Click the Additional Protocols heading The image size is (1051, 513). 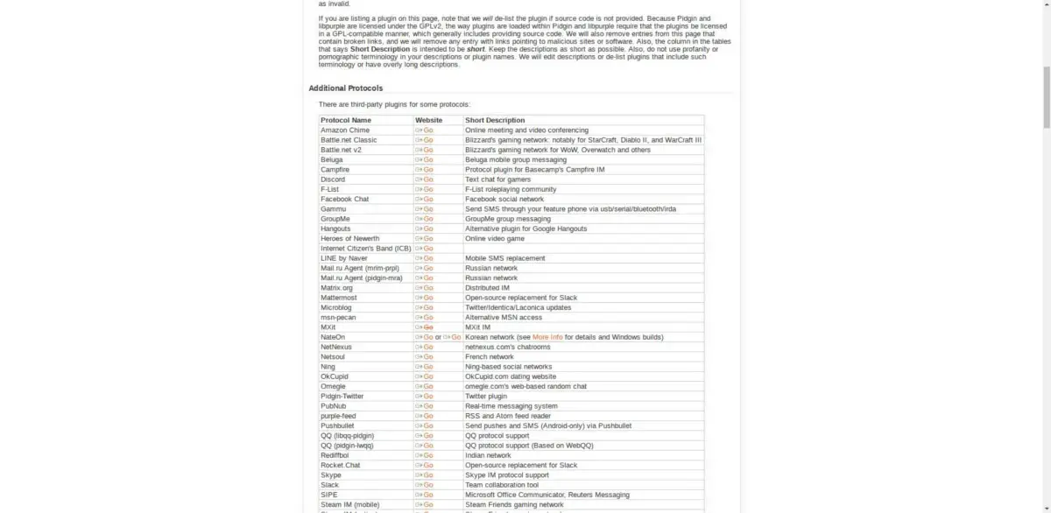(x=345, y=88)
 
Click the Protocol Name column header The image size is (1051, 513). (x=346, y=120)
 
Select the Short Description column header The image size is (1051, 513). (x=495, y=120)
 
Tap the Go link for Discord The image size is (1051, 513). (x=427, y=179)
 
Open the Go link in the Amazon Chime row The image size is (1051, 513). (x=427, y=130)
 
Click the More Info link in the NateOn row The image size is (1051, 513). (x=547, y=337)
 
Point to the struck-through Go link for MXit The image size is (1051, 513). (x=427, y=327)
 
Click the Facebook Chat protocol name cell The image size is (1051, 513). (x=345, y=199)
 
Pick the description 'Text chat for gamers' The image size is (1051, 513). (x=497, y=179)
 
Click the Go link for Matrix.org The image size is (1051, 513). (x=427, y=287)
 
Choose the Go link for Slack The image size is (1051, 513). (x=427, y=485)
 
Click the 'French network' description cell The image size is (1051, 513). (x=490, y=356)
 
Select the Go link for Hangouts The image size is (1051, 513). (x=427, y=228)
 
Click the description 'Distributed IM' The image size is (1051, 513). (x=487, y=287)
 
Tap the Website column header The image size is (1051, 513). (x=429, y=120)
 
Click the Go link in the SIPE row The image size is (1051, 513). (x=427, y=495)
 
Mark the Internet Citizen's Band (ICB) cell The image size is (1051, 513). (x=366, y=249)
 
